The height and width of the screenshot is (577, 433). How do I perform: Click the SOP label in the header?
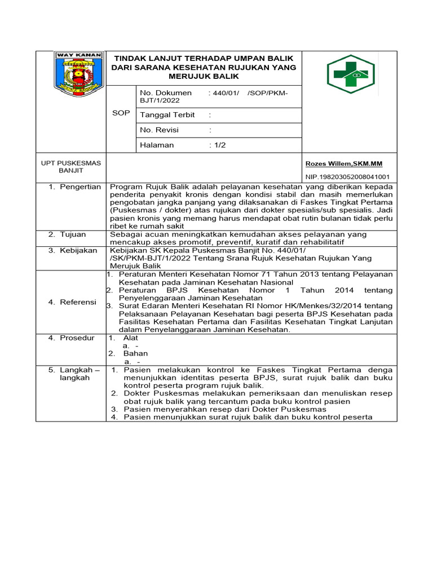click(121, 113)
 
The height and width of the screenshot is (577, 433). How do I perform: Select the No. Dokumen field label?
click(166, 92)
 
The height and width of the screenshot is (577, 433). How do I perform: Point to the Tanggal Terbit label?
click(167, 115)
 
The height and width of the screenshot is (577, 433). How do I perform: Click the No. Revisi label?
click(159, 130)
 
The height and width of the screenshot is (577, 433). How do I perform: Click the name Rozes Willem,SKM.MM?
click(343, 164)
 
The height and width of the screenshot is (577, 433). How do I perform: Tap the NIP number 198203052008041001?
click(347, 176)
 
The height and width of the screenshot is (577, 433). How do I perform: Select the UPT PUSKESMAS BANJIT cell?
click(71, 166)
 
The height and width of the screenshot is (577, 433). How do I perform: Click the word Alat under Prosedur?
click(130, 338)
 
